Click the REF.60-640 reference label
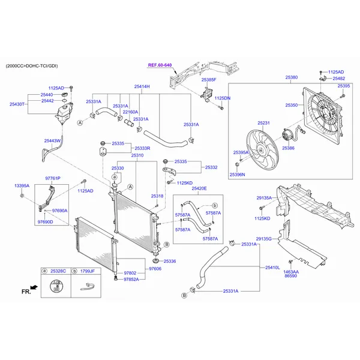click(x=160, y=65)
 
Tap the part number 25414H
click(x=142, y=87)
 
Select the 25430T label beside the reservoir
click(x=17, y=104)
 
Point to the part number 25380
click(x=291, y=77)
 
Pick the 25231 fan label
click(x=264, y=123)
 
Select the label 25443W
click(x=52, y=140)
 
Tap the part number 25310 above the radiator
click(x=137, y=155)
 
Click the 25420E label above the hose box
click(x=199, y=188)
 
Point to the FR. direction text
click(x=26, y=292)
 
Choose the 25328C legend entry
click(x=58, y=271)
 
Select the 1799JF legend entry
click(x=88, y=271)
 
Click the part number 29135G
click(x=264, y=239)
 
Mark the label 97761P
click(x=53, y=179)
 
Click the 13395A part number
click(x=22, y=186)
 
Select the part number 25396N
click(x=238, y=175)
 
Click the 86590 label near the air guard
click(x=290, y=276)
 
